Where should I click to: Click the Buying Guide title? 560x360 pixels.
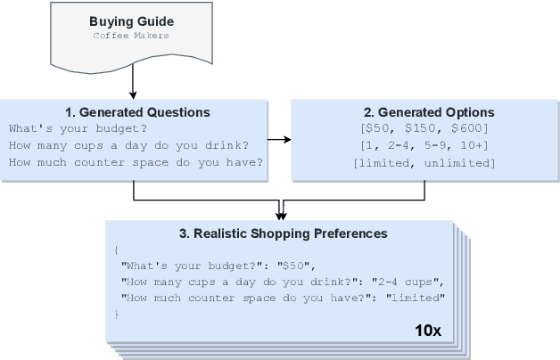coord(131,20)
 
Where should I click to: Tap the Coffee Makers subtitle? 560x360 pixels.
coord(131,36)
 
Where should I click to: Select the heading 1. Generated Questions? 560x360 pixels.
coord(137,112)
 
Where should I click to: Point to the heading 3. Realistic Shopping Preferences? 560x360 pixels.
coord(284,233)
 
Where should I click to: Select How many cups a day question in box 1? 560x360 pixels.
coord(128,144)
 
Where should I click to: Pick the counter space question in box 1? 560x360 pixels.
coord(135,161)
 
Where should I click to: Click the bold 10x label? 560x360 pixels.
coord(427,330)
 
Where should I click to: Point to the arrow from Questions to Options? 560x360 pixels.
coord(279,139)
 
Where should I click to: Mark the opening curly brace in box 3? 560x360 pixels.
coord(117,250)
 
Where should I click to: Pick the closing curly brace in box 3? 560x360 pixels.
coord(117,314)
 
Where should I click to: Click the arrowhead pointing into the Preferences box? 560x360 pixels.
coord(280,213)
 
